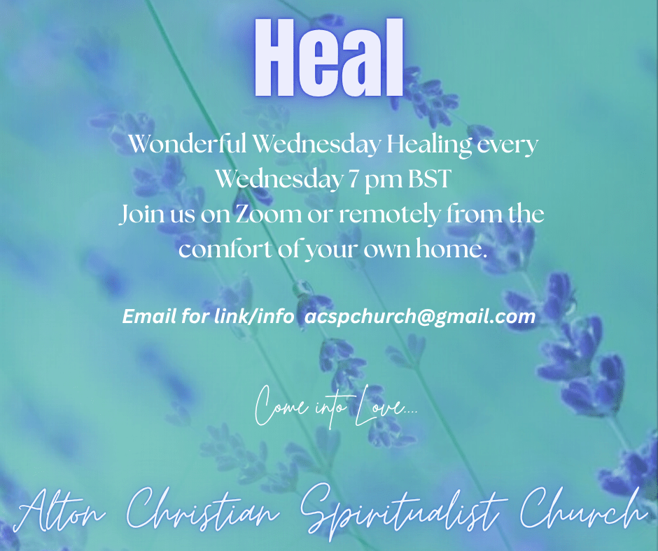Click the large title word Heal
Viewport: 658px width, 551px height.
click(328, 57)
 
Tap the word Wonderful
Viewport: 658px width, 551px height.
click(187, 144)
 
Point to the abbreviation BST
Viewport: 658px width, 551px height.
click(429, 179)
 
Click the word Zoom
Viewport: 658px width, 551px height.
click(267, 214)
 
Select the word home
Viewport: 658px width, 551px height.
click(451, 248)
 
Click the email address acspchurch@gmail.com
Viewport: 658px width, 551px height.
click(419, 317)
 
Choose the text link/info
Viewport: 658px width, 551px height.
click(254, 316)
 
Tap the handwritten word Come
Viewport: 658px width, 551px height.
click(281, 406)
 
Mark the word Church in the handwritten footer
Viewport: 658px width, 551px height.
click(582, 508)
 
